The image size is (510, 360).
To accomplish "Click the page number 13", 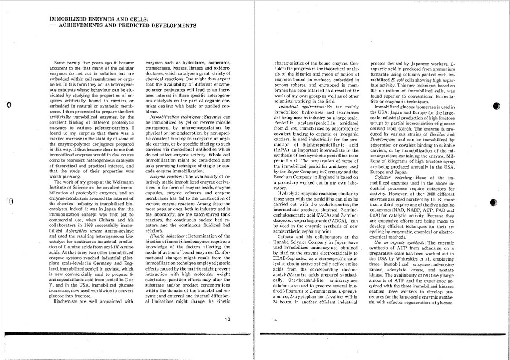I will [x=228, y=319].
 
